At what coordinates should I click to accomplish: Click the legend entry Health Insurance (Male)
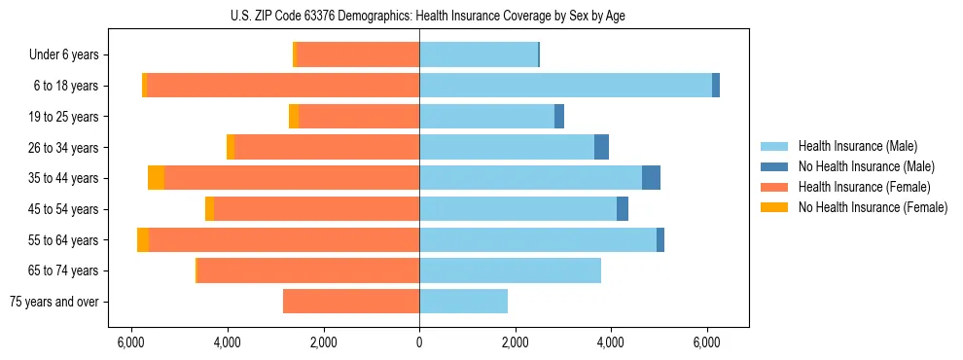(x=857, y=146)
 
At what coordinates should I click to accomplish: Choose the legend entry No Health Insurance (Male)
(x=866, y=166)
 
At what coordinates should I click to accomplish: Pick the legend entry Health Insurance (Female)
(x=864, y=187)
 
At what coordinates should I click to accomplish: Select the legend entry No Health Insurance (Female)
(x=873, y=207)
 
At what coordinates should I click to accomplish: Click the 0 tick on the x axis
(x=419, y=342)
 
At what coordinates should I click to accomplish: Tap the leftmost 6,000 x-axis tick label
(x=131, y=342)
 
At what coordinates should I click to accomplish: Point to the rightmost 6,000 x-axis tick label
(x=707, y=342)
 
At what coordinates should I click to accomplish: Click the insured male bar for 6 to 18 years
(x=565, y=86)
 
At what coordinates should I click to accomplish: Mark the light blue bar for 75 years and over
(x=463, y=302)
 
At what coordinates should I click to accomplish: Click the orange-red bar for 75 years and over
(x=351, y=302)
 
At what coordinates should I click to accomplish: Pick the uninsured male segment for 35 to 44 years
(x=651, y=178)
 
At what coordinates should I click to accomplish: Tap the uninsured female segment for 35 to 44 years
(x=156, y=178)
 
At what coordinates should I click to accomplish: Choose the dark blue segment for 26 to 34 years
(x=601, y=147)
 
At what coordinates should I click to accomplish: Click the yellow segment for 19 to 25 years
(x=294, y=117)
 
